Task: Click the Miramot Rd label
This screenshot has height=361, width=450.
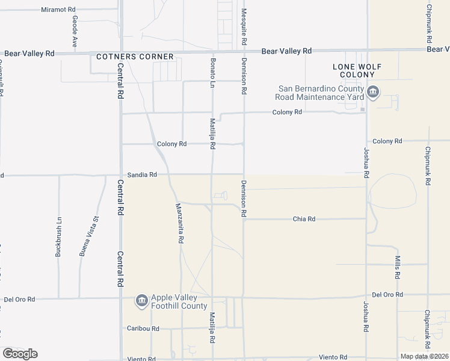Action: point(58,10)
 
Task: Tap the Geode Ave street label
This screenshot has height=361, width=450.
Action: point(75,31)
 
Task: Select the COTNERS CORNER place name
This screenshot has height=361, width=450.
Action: point(135,57)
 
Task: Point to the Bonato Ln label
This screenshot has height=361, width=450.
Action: point(212,73)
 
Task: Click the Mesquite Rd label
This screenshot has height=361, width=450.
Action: point(244,25)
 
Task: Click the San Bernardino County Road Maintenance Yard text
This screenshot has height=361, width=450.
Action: point(319,92)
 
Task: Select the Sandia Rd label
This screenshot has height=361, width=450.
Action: point(142,174)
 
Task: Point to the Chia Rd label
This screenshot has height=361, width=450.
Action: point(304,219)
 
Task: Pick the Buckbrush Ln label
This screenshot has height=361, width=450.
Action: point(58,236)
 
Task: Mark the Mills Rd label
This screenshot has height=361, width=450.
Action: point(398,267)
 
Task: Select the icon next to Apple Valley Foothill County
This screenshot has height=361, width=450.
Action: point(142,301)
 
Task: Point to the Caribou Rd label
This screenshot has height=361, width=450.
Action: point(143,329)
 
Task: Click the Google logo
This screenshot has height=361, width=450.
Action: point(20,354)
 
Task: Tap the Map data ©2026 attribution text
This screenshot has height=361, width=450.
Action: point(424,356)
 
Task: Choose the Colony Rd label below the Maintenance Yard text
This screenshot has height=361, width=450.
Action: point(286,113)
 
